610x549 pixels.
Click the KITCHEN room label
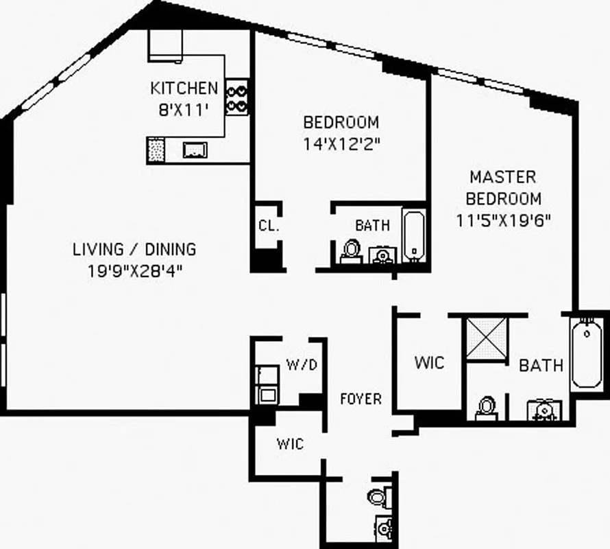(184, 89)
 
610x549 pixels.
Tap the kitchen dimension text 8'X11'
(183, 109)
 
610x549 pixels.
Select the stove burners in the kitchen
(237, 97)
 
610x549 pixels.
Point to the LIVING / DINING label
(134, 249)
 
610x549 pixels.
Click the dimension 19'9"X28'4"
(134, 270)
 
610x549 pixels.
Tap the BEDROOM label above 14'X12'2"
(341, 123)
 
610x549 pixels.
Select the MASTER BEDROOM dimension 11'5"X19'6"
(504, 221)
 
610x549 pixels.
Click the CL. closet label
(268, 226)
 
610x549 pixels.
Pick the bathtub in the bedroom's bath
(413, 236)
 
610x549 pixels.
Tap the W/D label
(302, 364)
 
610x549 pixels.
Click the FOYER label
(361, 399)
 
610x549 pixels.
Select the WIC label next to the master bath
(429, 362)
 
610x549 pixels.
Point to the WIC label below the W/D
(290, 444)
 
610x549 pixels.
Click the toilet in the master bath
(486, 407)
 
